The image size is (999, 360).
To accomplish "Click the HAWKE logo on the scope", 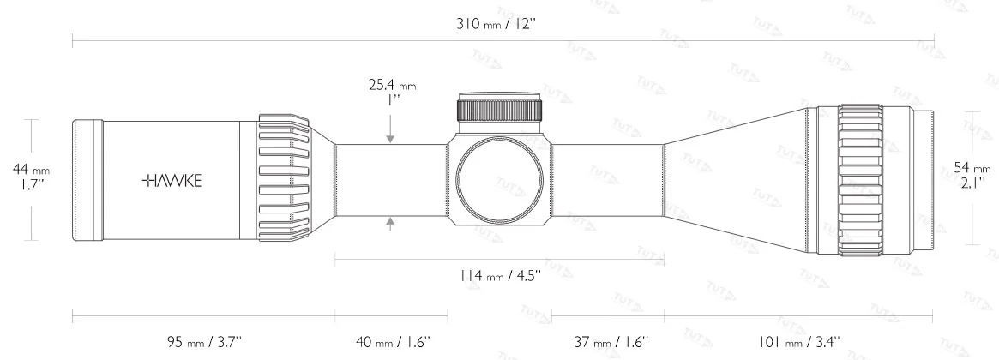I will coord(172,182).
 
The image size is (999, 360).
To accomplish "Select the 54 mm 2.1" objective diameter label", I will coord(974,175).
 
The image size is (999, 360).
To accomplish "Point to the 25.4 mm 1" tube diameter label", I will coord(391,92).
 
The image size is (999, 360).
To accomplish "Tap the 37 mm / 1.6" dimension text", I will coord(606,341).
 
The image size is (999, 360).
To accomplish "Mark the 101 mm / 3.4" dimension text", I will coord(798,341).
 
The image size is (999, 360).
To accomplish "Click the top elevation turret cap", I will coord(499,109).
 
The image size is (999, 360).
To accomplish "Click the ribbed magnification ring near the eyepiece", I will coord(283,178).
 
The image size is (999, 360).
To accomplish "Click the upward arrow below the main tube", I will coord(391,224).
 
